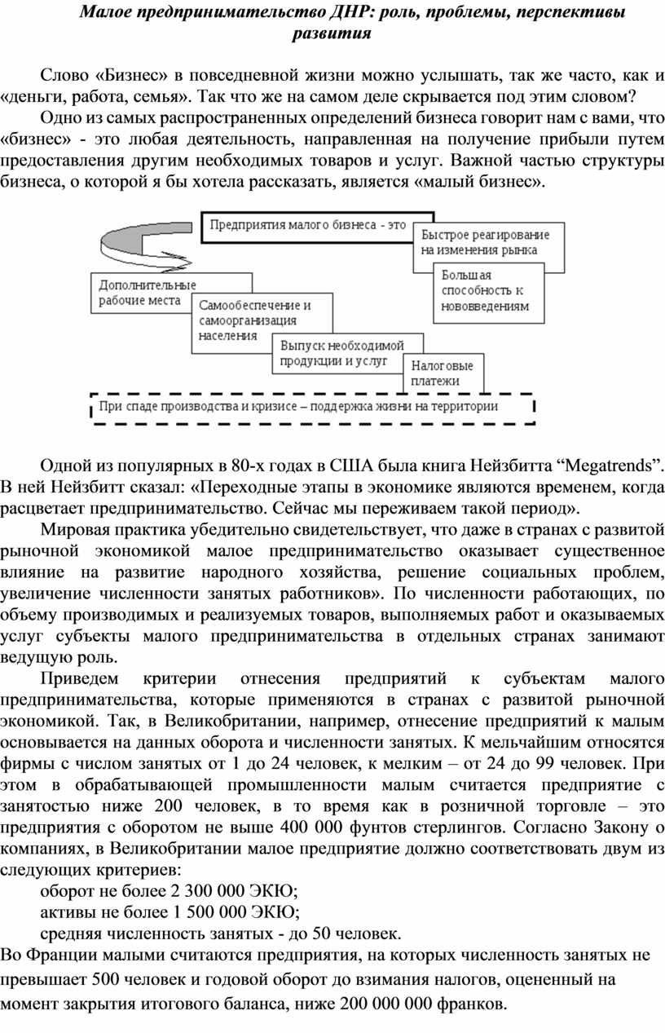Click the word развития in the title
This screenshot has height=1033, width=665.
[332, 33]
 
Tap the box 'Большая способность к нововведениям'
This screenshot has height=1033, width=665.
[488, 293]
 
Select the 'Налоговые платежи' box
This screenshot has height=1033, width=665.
[443, 373]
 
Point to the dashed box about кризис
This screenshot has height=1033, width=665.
[313, 408]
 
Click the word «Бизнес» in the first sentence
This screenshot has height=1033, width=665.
[133, 75]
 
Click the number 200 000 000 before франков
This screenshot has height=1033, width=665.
[386, 1003]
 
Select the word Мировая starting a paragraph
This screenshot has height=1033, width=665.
[71, 529]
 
